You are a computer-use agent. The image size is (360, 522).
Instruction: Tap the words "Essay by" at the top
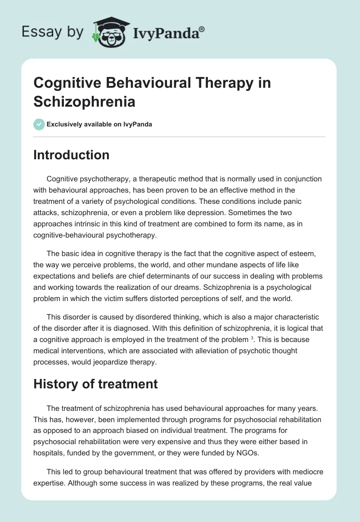point(53,32)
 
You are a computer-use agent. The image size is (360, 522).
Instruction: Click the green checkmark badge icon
point(39,124)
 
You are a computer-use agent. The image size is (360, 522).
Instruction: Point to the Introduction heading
point(72,155)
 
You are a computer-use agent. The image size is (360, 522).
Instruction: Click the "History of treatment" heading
point(95,384)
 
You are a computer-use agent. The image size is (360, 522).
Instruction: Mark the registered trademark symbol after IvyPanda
point(202,29)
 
